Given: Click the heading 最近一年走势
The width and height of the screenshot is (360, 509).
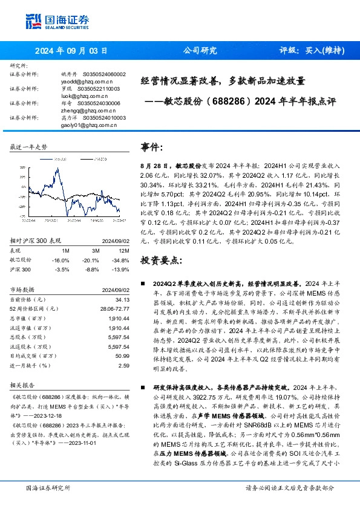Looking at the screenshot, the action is [x=29, y=148].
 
